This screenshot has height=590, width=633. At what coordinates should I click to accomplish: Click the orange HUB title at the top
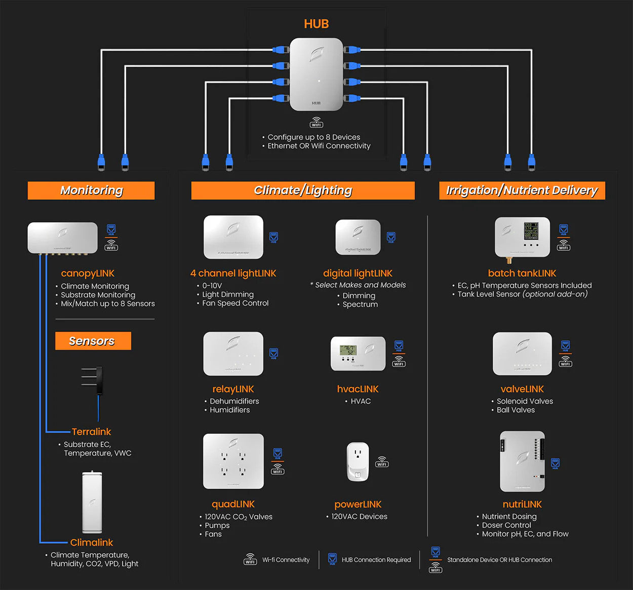[316, 24]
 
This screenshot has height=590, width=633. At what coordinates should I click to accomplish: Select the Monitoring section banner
[91, 191]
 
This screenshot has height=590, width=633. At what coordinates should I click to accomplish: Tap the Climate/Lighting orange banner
[303, 191]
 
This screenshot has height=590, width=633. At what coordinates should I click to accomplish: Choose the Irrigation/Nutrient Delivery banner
[522, 191]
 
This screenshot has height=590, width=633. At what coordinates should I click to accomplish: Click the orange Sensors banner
[93, 341]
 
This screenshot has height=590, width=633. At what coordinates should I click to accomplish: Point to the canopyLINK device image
[62, 237]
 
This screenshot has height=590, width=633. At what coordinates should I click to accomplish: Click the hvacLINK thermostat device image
[358, 353]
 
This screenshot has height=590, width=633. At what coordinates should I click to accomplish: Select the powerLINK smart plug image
[358, 462]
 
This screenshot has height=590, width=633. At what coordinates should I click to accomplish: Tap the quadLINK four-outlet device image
[233, 461]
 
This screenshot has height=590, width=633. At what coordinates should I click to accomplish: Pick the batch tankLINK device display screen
[531, 231]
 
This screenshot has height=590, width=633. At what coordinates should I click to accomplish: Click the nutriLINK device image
[522, 462]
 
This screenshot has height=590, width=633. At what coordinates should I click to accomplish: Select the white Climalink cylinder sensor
[92, 502]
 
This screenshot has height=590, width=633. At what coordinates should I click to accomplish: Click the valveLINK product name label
[522, 389]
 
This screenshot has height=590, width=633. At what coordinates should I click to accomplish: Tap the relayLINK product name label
[233, 389]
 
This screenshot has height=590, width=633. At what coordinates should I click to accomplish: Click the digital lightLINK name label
[358, 274]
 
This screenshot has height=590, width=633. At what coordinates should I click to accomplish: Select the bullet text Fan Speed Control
[235, 303]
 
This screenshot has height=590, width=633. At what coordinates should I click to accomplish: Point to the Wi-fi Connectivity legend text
[286, 560]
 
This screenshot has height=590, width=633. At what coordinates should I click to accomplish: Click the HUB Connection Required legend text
[376, 560]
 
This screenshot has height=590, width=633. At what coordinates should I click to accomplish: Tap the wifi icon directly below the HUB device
[316, 123]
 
